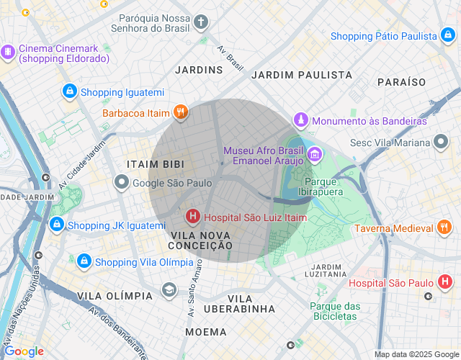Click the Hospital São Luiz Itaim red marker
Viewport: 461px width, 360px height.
[193, 216]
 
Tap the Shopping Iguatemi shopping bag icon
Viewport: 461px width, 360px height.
[69, 91]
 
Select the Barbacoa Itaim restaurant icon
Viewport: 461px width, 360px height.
[180, 112]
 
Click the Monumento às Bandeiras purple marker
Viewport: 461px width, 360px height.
[301, 120]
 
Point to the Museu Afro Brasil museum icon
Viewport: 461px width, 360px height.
[315, 154]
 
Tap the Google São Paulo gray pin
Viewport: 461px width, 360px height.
[121, 183]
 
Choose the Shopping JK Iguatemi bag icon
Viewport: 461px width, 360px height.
[56, 225]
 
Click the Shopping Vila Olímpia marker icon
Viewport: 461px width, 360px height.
[84, 261]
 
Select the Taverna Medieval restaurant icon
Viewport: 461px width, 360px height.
[444, 228]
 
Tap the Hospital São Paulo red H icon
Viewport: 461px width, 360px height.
[445, 282]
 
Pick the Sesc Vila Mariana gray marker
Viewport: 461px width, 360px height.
[441, 142]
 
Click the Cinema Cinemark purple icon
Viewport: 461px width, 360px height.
[8, 52]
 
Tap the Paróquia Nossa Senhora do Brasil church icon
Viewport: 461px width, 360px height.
[201, 22]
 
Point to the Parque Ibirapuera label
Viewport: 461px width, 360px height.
[321, 186]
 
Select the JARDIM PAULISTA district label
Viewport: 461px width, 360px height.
[302, 75]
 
